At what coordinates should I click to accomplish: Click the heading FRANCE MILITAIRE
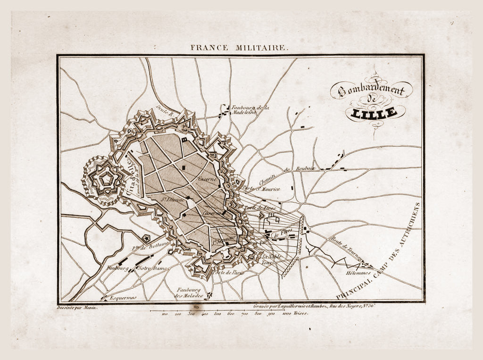click(x=238, y=48)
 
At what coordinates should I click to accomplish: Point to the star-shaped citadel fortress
click(x=104, y=180)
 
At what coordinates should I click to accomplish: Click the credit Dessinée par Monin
click(x=77, y=307)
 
